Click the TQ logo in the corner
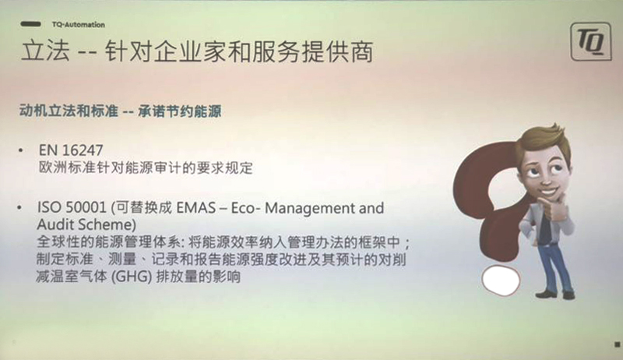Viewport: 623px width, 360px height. click(591, 41)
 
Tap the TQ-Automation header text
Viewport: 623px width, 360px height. click(79, 25)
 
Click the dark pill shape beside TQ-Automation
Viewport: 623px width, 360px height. click(30, 24)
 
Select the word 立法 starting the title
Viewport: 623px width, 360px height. click(45, 51)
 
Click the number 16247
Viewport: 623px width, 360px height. click(83, 150)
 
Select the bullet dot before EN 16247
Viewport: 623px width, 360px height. click(21, 150)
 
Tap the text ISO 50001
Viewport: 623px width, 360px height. click(72, 207)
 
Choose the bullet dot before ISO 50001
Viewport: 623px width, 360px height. click(19, 207)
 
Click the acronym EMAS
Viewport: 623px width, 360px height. click(196, 208)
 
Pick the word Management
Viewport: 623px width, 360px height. click(310, 208)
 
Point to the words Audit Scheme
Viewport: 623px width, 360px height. click(86, 224)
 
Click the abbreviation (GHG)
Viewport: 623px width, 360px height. click(132, 276)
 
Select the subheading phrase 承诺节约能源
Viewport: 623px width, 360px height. click(180, 111)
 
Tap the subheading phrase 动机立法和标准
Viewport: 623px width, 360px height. click(69, 111)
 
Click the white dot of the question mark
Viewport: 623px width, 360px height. click(501, 281)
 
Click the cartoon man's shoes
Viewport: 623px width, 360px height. click(555, 295)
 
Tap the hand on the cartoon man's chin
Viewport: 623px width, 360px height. click(557, 206)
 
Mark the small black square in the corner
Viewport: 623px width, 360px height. click(618, 344)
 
